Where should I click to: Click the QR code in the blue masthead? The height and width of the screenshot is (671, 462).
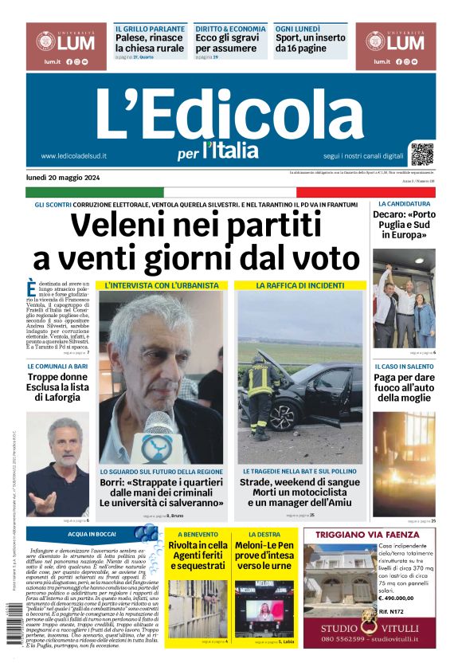point(422,154)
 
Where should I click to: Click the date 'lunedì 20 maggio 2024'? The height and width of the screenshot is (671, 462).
point(63,178)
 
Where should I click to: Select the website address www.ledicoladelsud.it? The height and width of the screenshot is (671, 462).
point(73,156)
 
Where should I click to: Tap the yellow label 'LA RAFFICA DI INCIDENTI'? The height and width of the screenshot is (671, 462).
point(300,284)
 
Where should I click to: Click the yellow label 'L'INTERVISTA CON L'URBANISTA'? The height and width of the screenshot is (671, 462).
point(161,284)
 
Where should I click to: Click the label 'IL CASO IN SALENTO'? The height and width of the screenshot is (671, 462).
point(404,367)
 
